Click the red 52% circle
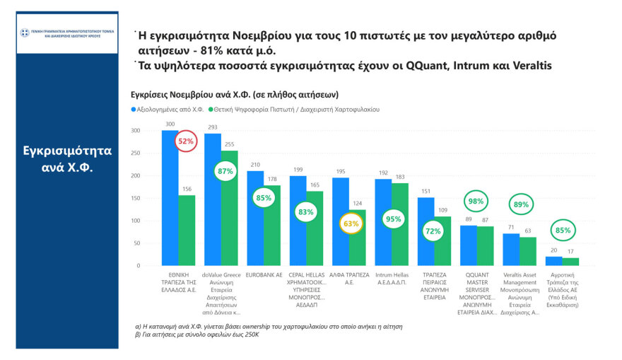tap(187, 141)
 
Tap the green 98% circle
tap(476, 202)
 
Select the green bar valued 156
tap(187, 231)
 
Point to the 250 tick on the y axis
tap(136, 153)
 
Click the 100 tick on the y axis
tap(136, 221)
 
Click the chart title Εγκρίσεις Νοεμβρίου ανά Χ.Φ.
tap(235, 94)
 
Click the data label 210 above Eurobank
tap(255, 165)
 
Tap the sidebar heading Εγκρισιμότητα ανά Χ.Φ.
tap(67, 160)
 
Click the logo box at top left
tap(67, 34)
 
